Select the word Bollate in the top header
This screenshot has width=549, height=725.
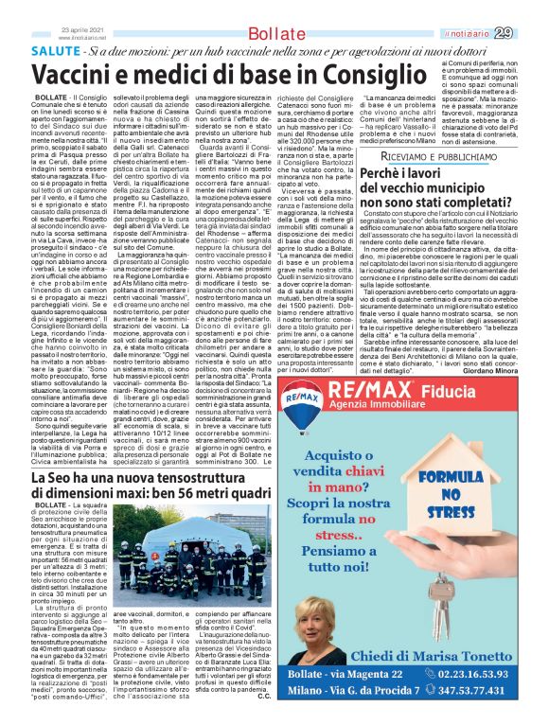tap(275, 35)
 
